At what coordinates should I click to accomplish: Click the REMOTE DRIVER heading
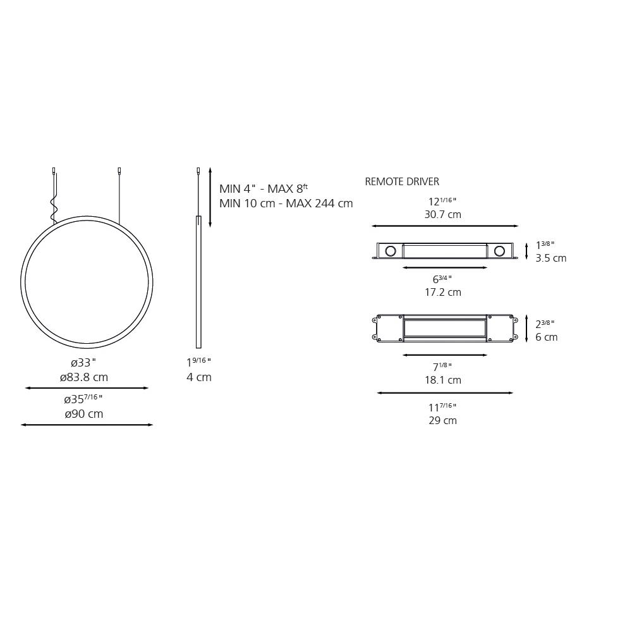[x=402, y=181]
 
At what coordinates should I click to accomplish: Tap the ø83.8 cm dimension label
[x=84, y=377]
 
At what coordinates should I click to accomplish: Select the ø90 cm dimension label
[x=83, y=414]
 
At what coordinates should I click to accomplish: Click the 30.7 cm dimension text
[x=442, y=214]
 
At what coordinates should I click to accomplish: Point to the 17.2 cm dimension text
[x=442, y=292]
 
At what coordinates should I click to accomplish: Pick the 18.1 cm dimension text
[x=442, y=380]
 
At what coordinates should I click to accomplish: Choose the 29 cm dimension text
[x=442, y=420]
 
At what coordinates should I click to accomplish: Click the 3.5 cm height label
[x=550, y=258]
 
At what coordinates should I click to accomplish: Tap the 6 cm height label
[x=546, y=337]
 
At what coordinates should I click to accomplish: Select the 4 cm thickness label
[x=198, y=377]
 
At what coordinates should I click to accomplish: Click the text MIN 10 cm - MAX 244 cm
[x=286, y=204]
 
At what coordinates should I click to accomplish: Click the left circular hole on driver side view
[x=391, y=251]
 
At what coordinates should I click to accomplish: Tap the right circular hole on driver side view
[x=500, y=251]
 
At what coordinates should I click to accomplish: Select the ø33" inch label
[x=83, y=363]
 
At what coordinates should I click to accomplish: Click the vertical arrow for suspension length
[x=210, y=197]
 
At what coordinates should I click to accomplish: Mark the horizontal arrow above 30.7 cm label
[x=445, y=226]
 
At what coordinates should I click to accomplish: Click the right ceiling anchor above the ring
[x=119, y=171]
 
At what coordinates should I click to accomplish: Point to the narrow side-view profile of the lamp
[x=198, y=281]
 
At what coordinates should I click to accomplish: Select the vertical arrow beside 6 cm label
[x=526, y=328]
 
